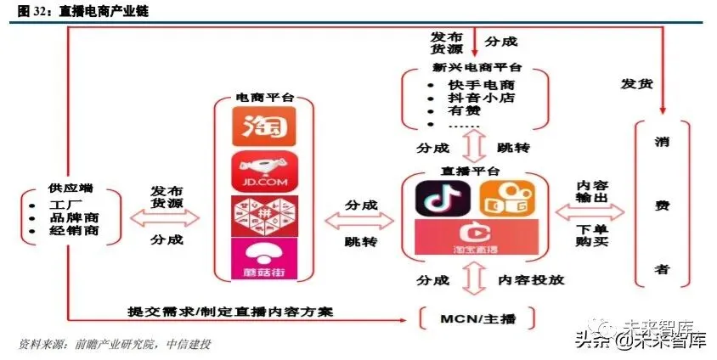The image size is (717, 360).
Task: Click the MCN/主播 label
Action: click(x=477, y=318)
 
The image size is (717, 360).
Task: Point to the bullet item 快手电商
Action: click(x=481, y=85)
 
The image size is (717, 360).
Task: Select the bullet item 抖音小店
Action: click(x=481, y=98)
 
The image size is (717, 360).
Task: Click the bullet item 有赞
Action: click(x=464, y=111)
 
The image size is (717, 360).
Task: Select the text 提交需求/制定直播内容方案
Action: click(x=229, y=312)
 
